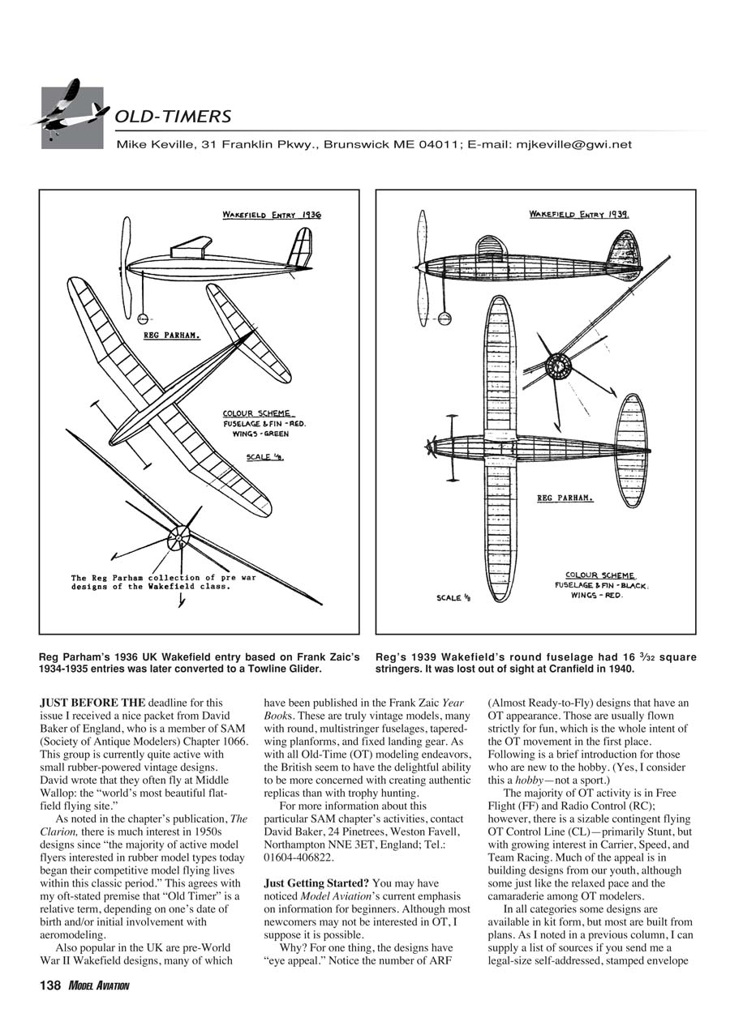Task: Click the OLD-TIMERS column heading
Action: click(x=173, y=117)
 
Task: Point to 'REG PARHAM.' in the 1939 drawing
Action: click(x=565, y=498)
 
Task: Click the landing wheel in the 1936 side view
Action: click(x=144, y=319)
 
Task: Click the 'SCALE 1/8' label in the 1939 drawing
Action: click(x=453, y=598)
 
